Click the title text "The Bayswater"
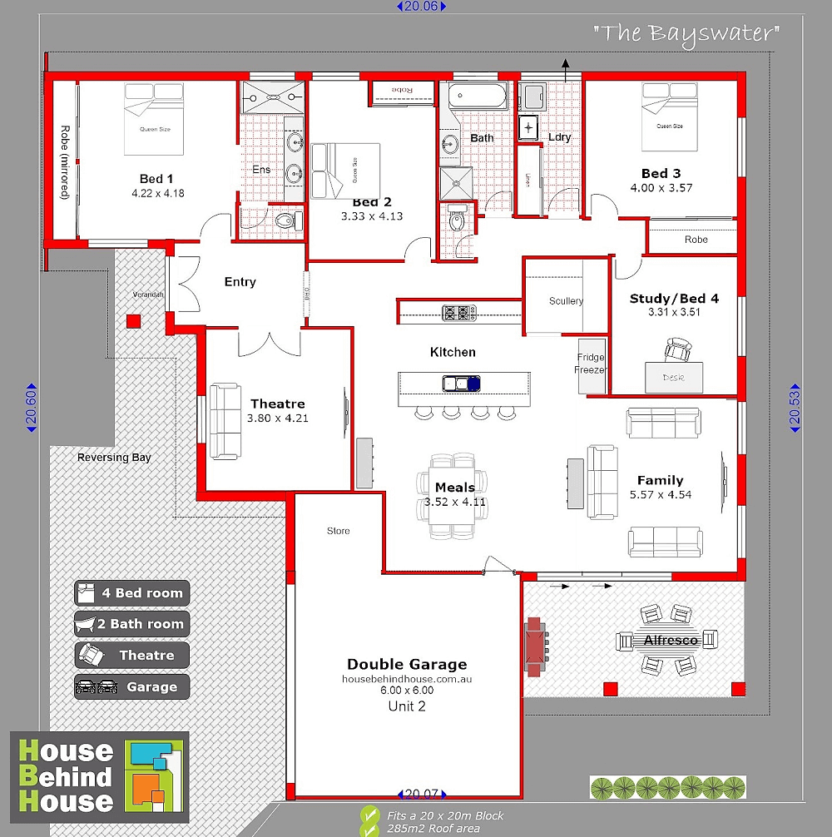[x=687, y=34]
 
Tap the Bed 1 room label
[x=156, y=178]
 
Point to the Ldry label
[x=559, y=137]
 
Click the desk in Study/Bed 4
[x=674, y=377]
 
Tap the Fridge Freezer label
[x=591, y=364]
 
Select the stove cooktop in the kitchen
[x=458, y=313]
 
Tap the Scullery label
[x=566, y=301]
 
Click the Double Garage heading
[x=407, y=664]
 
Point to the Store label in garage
[x=339, y=531]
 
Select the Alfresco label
[x=670, y=641]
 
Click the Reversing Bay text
[x=114, y=457]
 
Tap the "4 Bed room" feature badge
[x=132, y=593]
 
